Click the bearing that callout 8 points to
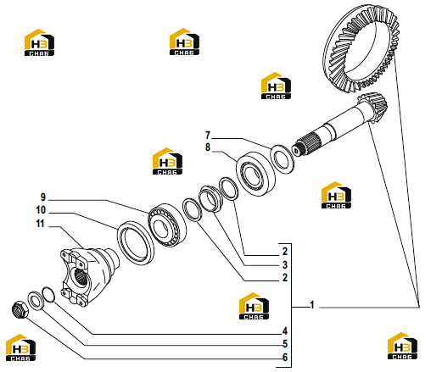click(x=255, y=173)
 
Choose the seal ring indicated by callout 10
click(x=136, y=243)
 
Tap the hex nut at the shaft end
click(x=20, y=309)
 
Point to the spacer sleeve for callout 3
click(x=210, y=198)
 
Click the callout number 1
click(x=312, y=305)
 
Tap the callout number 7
click(x=208, y=136)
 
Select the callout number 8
click(x=208, y=147)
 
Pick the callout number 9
click(x=42, y=197)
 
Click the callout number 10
click(x=41, y=210)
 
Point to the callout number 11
click(x=40, y=224)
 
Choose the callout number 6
click(x=285, y=358)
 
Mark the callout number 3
click(x=285, y=264)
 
